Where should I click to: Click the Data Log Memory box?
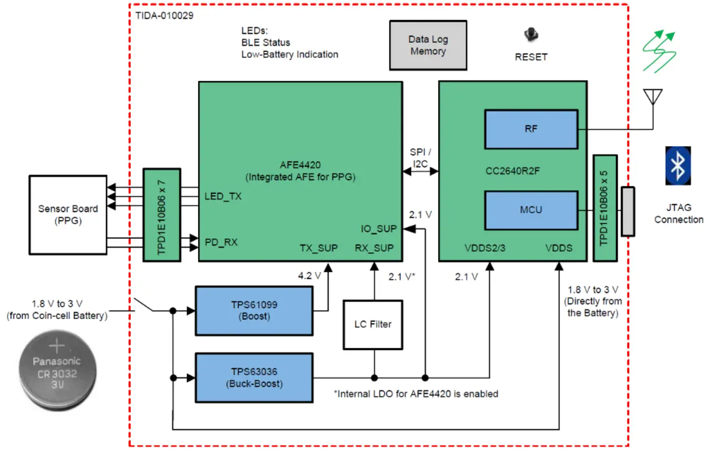pos(428,45)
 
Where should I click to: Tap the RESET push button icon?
pos(531,35)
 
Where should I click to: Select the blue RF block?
pos(531,129)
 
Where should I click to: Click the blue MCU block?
pos(531,210)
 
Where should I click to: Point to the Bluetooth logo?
pos(678,165)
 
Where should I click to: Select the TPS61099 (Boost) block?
pos(254,310)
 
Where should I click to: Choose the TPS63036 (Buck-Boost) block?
pos(254,378)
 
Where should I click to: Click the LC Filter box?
pos(373,324)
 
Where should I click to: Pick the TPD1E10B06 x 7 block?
pos(161,215)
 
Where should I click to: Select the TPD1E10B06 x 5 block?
pos(604,208)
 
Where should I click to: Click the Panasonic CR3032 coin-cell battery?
pos(56,369)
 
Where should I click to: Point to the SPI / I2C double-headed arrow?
pos(420,172)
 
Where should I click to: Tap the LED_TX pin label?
pos(223,196)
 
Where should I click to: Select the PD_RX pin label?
pos(221,242)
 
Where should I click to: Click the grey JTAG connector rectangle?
pos(628,212)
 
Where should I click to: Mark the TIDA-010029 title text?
pos(165,15)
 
